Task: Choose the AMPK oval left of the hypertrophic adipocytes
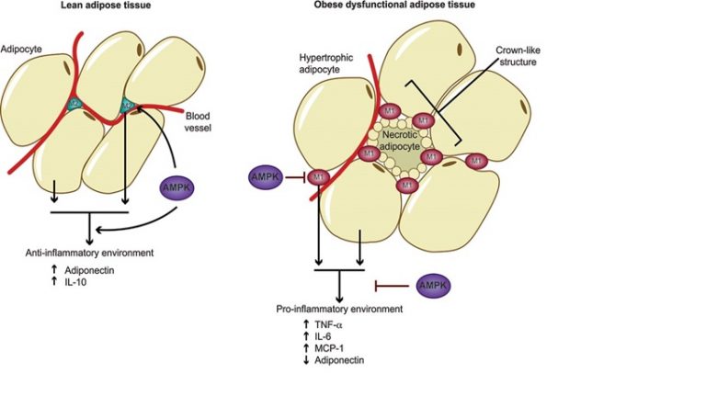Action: (265, 175)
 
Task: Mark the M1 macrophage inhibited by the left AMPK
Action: (317, 175)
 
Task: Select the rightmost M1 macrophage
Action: (475, 162)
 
